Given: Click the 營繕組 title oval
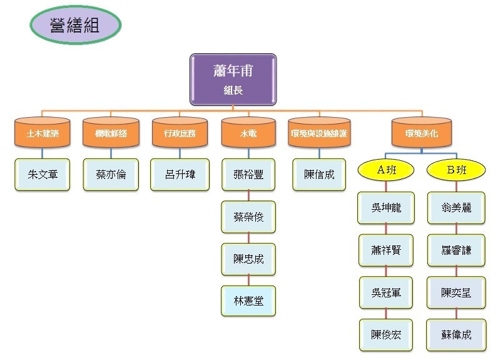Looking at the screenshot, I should click(x=75, y=26).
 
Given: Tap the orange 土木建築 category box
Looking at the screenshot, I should click(x=43, y=133).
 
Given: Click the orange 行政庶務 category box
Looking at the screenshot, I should click(x=180, y=133).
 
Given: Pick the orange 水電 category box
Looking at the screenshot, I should click(x=248, y=133).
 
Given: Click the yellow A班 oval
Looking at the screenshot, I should click(x=386, y=168).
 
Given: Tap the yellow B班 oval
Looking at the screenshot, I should click(x=456, y=168).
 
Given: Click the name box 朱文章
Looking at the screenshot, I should click(x=43, y=174).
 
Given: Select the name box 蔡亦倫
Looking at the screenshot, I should click(x=111, y=174).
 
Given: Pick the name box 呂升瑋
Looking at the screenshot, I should click(x=180, y=174).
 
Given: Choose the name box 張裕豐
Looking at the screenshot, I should click(x=248, y=174).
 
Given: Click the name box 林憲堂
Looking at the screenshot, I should click(x=248, y=301).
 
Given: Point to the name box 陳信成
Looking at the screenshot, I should click(x=319, y=174).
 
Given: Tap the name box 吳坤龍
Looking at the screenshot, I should click(x=386, y=208).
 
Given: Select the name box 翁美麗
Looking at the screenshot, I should click(x=456, y=208).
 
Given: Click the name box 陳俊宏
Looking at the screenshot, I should click(x=386, y=335).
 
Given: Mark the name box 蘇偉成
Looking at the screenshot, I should click(x=456, y=335).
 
